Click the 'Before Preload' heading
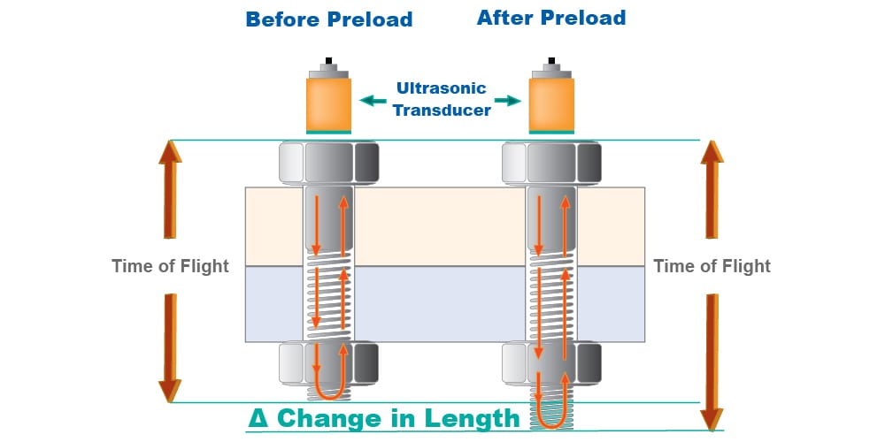[x=328, y=19]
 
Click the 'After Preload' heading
[x=551, y=18]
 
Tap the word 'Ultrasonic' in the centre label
[x=442, y=88]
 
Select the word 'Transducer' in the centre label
[x=442, y=110]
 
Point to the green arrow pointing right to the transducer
[x=506, y=100]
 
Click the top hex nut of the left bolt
[x=329, y=163]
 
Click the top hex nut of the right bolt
[x=551, y=163]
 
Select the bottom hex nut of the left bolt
[x=329, y=362]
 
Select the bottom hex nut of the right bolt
[x=551, y=362]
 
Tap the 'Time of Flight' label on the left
[x=170, y=266]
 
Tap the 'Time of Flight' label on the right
[x=712, y=266]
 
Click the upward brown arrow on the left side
[x=170, y=189]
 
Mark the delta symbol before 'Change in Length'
[x=257, y=418]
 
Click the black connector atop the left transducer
[x=329, y=61]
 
